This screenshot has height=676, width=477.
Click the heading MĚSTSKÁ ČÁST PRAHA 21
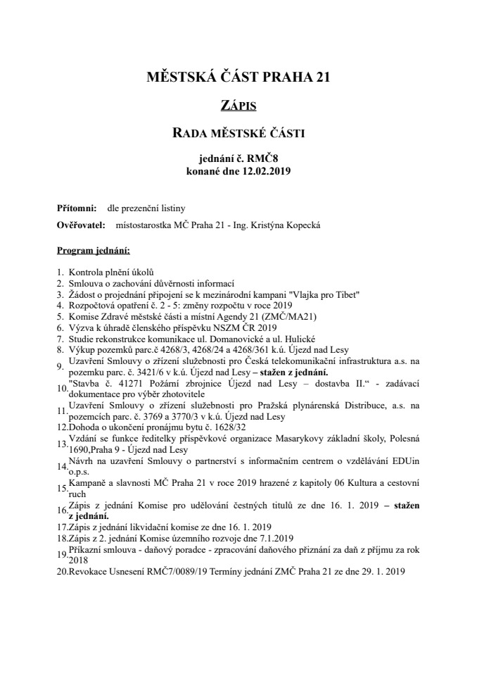[238, 77]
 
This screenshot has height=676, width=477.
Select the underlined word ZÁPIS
[238, 106]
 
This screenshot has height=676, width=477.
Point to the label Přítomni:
[77, 208]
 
